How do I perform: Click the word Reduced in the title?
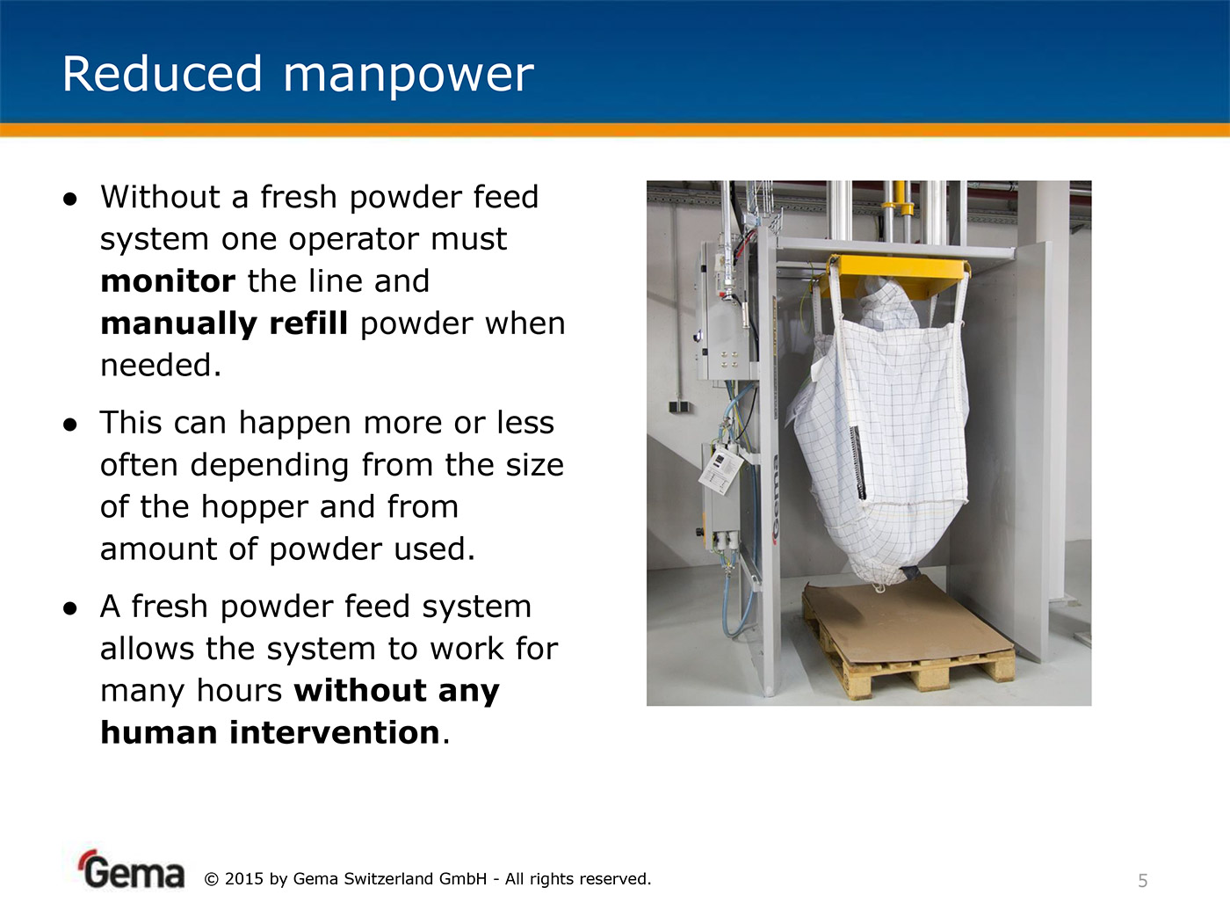click(162, 74)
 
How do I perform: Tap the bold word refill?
click(308, 323)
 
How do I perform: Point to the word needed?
click(161, 366)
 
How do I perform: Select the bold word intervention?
click(335, 732)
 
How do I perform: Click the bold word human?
click(159, 732)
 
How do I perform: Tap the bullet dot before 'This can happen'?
click(70, 425)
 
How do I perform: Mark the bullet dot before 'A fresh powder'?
click(70, 608)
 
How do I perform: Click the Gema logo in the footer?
click(131, 869)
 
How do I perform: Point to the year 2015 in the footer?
click(243, 879)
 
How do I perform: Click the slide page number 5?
click(1143, 881)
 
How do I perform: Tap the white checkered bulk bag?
click(879, 432)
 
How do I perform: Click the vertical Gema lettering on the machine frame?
click(774, 499)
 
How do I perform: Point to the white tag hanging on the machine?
click(721, 471)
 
